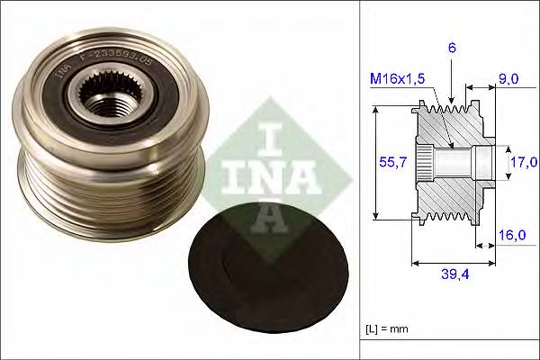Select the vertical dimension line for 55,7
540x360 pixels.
(374, 162)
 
